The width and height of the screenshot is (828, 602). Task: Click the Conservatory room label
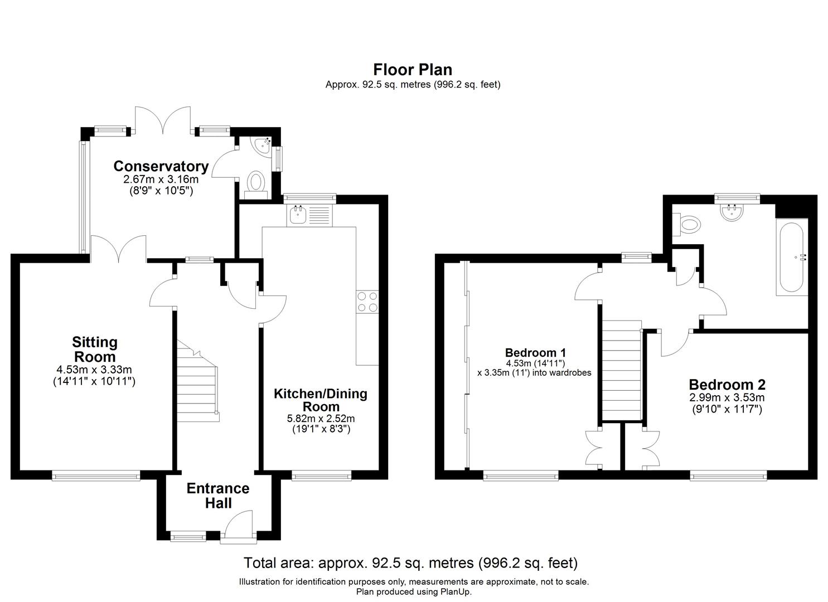pyautogui.click(x=161, y=166)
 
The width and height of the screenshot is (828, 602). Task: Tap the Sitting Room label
pyautogui.click(x=95, y=349)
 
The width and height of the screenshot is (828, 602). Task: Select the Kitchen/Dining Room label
pyautogui.click(x=321, y=400)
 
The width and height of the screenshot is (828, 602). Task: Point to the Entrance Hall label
pyautogui.click(x=217, y=496)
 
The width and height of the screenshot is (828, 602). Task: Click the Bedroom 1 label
pyautogui.click(x=535, y=352)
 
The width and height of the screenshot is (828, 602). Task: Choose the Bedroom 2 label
pyautogui.click(x=727, y=385)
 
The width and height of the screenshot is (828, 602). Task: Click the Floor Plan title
pyautogui.click(x=413, y=70)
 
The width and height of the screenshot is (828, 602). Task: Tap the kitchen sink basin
pyautogui.click(x=298, y=215)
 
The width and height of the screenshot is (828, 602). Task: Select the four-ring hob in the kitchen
pyautogui.click(x=367, y=302)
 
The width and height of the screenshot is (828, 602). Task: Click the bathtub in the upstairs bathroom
pyautogui.click(x=791, y=257)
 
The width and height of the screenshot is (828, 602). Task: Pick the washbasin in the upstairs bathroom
pyautogui.click(x=732, y=213)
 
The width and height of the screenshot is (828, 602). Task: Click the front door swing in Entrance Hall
pyautogui.click(x=239, y=526)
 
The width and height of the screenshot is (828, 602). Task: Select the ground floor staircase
pyautogui.click(x=198, y=381)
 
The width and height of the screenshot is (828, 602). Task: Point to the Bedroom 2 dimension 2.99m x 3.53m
pyautogui.click(x=727, y=397)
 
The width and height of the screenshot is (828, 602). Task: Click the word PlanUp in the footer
pyautogui.click(x=455, y=591)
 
